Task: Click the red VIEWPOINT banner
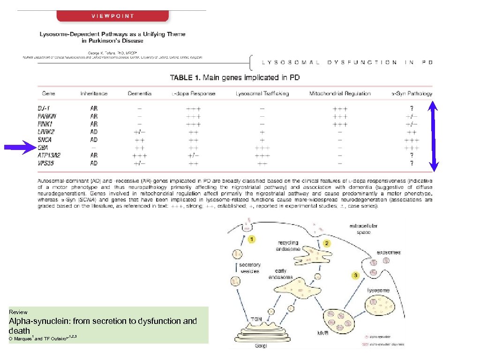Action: coord(113,16)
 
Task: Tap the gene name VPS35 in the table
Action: coord(47,164)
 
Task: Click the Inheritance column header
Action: coord(94,94)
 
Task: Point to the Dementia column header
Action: coord(140,94)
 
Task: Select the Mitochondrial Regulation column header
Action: coord(340,94)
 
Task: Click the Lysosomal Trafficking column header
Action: coord(262,94)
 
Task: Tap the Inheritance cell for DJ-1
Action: coord(94,108)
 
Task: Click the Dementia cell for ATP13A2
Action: coord(139,156)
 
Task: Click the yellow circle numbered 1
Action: coord(252,240)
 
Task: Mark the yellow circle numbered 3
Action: coord(355,276)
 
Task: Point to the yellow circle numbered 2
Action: coord(327,243)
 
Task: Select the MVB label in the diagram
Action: coord(322,333)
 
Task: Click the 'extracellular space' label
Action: coord(363,229)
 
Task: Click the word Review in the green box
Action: coord(18,312)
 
